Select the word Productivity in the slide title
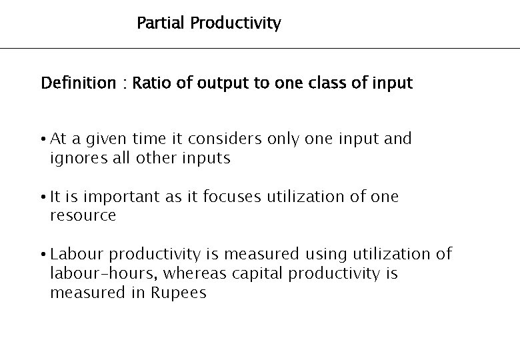[x=235, y=24]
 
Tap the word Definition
[x=78, y=83]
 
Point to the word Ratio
[x=150, y=83]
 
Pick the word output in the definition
[x=217, y=84]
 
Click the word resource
[x=83, y=216]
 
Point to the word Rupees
[x=174, y=293]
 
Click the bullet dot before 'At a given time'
[x=43, y=140]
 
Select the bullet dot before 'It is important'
[x=43, y=197]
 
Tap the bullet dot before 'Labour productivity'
[x=43, y=255]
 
